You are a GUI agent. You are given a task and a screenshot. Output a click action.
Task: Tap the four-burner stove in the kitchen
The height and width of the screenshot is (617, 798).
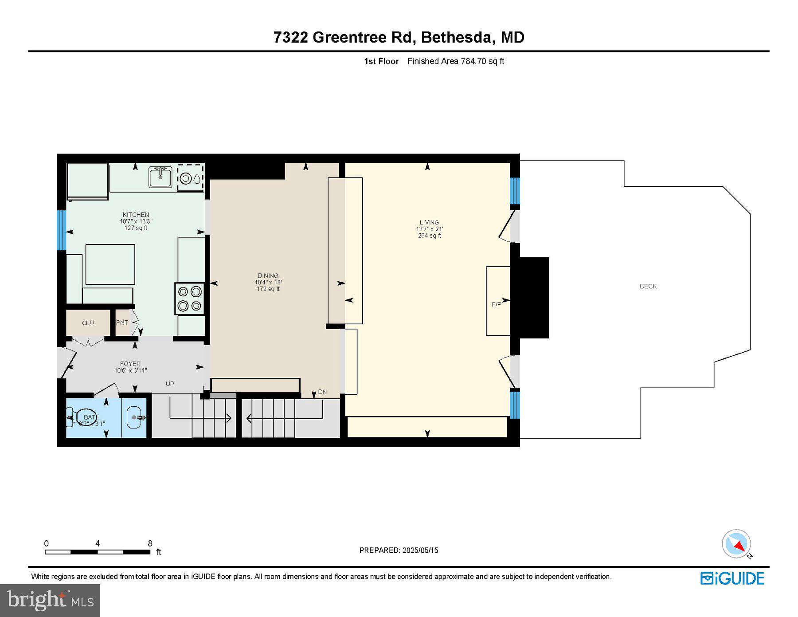[189, 299]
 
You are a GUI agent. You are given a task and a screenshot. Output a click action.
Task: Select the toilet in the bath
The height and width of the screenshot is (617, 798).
[76, 417]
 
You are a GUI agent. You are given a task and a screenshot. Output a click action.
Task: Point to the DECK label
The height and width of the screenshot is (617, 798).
[648, 287]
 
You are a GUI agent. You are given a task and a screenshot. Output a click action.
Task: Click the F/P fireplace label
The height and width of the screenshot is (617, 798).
[496, 304]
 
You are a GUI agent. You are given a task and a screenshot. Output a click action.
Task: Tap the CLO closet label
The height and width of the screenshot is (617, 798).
[88, 323]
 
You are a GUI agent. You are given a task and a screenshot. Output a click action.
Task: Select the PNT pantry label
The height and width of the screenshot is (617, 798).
[122, 322]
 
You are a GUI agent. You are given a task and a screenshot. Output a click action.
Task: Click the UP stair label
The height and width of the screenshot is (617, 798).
[170, 384]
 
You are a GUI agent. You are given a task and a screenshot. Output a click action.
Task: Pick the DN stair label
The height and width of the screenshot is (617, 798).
[322, 392]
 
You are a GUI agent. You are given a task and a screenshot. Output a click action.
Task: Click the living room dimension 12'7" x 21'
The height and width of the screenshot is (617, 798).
[429, 229]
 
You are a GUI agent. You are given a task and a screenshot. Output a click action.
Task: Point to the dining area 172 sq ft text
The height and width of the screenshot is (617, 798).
[268, 289]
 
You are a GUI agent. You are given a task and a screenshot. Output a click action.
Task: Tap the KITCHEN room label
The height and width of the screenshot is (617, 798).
[136, 215]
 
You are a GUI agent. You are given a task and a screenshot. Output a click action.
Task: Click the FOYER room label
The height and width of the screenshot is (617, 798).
[130, 364]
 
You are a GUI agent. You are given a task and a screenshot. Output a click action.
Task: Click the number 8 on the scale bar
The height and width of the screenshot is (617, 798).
[150, 543]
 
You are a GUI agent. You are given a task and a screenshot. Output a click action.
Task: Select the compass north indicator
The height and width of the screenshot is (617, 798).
[736, 544]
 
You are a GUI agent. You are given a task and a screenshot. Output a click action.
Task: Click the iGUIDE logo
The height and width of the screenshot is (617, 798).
[732, 578]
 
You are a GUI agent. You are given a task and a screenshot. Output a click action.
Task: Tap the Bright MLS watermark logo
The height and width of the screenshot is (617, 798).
[50, 601]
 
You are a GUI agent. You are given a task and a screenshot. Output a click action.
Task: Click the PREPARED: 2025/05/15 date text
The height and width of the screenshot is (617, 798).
[399, 550]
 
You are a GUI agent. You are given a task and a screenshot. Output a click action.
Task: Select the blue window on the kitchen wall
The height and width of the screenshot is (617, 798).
[62, 230]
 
